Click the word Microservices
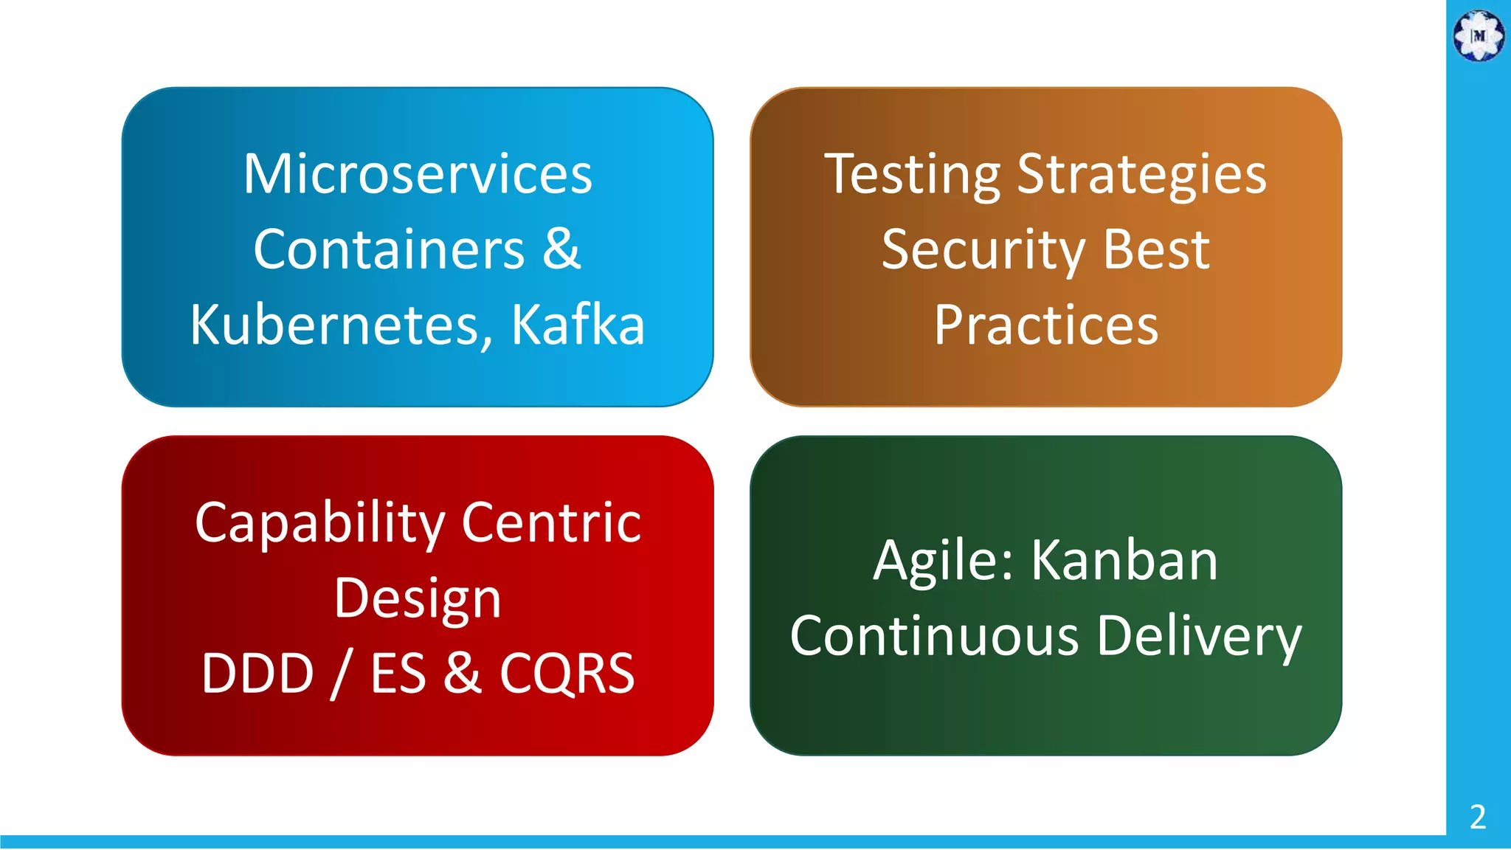pyautogui.click(x=418, y=174)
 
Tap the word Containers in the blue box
pyautogui.click(x=389, y=249)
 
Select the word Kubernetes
pyautogui.click(x=336, y=325)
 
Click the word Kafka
pyautogui.click(x=578, y=325)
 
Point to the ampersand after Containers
pyautogui.click(x=561, y=249)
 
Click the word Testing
pyautogui.click(x=912, y=176)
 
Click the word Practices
pyautogui.click(x=1046, y=326)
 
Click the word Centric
pyautogui.click(x=551, y=522)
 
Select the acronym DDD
pyautogui.click(x=258, y=674)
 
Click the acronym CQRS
pyautogui.click(x=567, y=674)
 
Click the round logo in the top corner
pyautogui.click(x=1479, y=35)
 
